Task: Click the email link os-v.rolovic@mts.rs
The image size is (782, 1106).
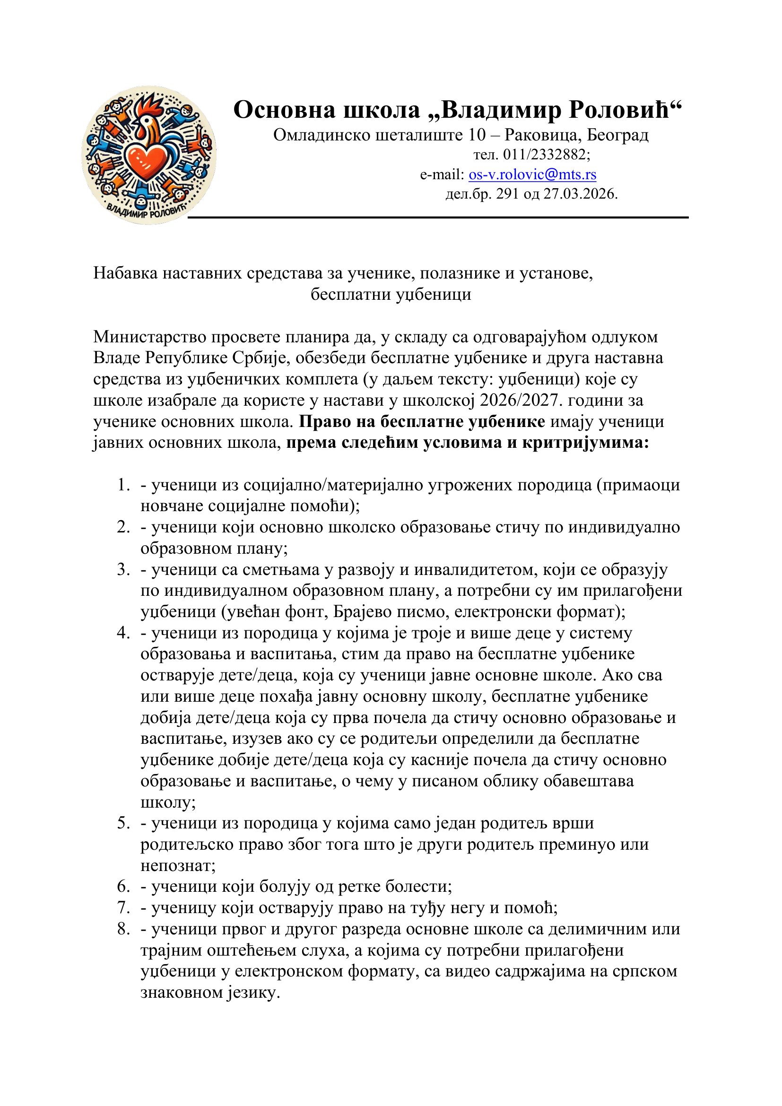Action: [532, 174]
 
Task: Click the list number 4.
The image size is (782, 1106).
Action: [123, 633]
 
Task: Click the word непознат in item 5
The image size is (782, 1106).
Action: [178, 866]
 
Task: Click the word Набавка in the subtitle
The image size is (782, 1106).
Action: [125, 273]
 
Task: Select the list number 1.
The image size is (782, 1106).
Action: [123, 485]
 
